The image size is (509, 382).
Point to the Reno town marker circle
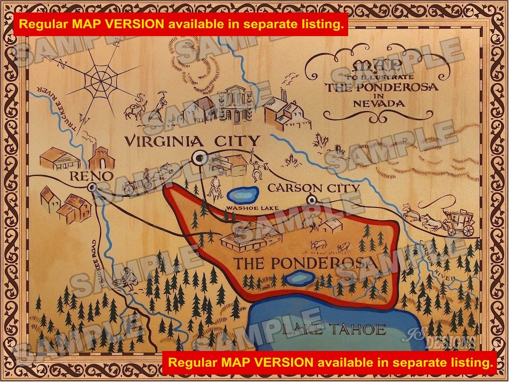[92, 187]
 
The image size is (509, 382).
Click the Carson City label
[314, 188]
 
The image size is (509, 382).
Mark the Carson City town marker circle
[312, 200]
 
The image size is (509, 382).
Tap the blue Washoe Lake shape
[243, 194]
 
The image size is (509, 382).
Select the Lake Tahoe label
[334, 330]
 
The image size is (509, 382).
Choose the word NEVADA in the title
[372, 103]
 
